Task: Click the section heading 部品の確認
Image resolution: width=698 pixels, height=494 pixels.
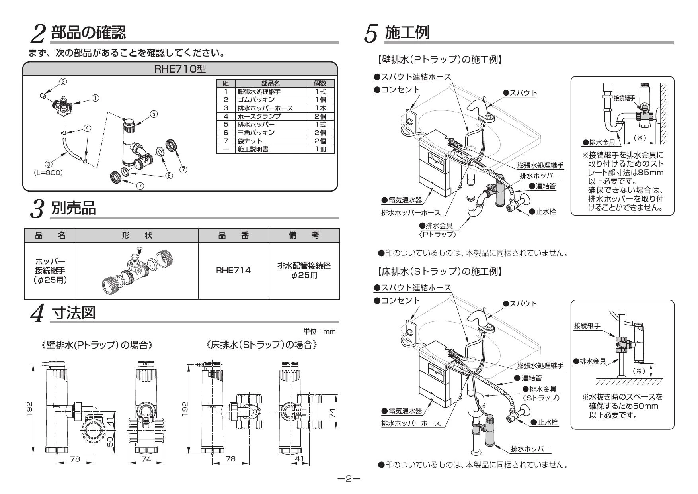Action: click(88, 33)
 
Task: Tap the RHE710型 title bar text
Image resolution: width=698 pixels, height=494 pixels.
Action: click(180, 69)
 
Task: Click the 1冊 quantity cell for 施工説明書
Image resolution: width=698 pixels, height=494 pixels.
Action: click(320, 149)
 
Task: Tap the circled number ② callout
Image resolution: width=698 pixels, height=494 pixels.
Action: click(63, 82)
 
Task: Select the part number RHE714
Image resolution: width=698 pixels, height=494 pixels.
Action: click(233, 271)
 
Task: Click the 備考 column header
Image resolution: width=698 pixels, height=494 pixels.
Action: click(304, 236)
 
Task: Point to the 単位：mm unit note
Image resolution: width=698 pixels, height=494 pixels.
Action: click(319, 331)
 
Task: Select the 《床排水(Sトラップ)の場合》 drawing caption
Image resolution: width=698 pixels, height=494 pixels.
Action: click(262, 345)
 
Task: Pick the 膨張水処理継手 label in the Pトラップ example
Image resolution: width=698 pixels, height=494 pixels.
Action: click(540, 165)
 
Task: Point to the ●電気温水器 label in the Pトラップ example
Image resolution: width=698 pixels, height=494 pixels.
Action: click(402, 200)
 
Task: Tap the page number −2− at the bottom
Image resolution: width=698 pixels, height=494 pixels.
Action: click(349, 478)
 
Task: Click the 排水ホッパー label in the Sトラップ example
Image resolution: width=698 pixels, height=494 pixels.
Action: click(530, 449)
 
